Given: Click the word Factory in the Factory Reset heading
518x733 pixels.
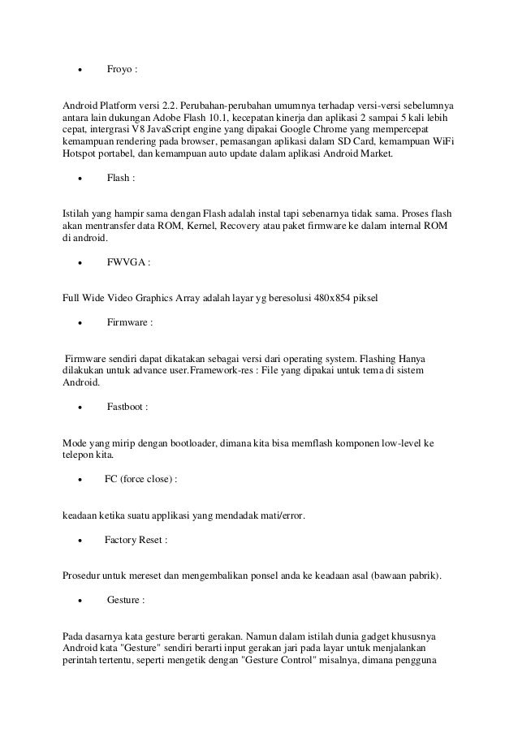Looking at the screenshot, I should (122, 540).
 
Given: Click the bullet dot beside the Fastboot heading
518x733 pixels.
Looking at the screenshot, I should (80, 407).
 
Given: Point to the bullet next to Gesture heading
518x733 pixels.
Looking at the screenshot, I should (80, 601).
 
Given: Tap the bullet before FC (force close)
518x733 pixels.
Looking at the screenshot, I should (80, 480).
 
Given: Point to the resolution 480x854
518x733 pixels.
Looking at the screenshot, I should (335, 298).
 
